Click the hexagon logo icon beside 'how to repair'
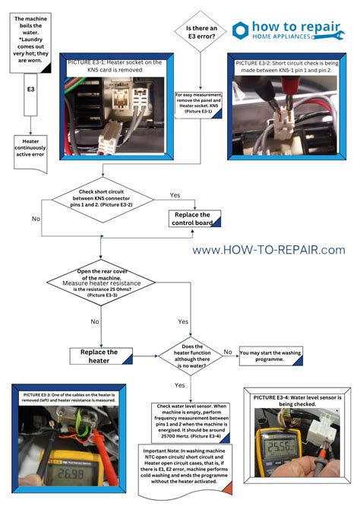pos(241,30)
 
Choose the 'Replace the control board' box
pos(194,220)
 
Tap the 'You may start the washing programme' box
pos(272,356)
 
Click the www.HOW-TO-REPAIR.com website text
pos(268,249)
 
